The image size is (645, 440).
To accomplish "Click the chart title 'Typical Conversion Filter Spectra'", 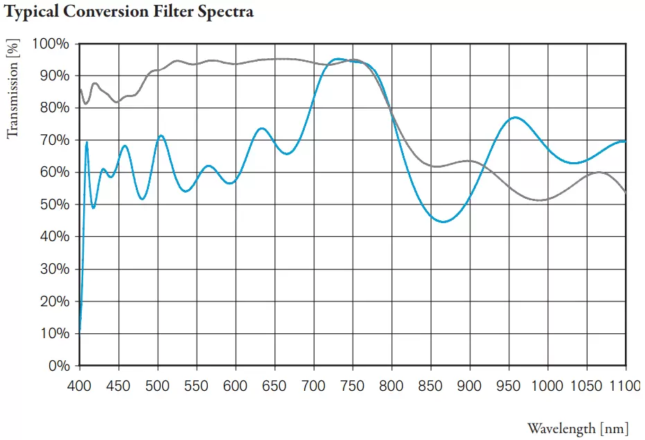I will tap(130, 12).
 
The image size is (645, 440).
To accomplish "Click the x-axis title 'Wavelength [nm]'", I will tap(578, 427).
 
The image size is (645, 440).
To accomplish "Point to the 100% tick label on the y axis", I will tap(51, 44).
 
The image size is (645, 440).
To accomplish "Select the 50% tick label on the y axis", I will tap(53, 204).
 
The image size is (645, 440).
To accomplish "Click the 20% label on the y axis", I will tap(53, 301).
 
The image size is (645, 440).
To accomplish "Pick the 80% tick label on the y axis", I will tap(53, 108).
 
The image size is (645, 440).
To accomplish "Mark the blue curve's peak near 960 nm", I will tap(515, 118).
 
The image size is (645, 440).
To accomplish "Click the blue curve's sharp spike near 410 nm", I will tap(87, 142).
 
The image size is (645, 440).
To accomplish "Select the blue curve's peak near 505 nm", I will tap(161, 136).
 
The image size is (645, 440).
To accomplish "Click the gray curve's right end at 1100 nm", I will tap(626, 192).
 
